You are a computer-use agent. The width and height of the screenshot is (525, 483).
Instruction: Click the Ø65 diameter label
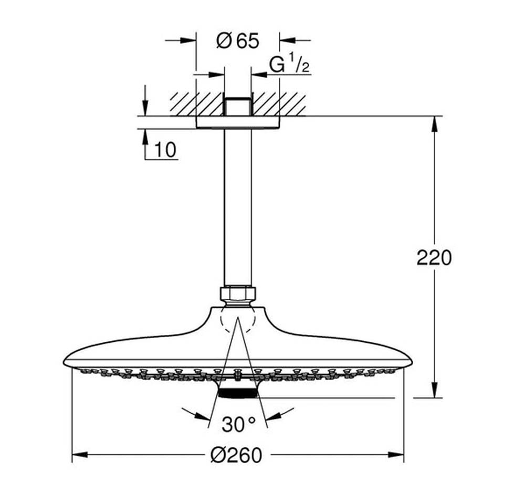(x=238, y=41)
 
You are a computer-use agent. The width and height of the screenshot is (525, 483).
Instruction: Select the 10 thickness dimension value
(x=165, y=150)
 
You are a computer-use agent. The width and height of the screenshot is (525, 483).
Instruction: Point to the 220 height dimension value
(x=434, y=258)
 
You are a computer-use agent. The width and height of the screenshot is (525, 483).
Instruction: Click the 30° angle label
(x=238, y=424)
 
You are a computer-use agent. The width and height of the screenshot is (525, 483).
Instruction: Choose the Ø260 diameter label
(x=236, y=455)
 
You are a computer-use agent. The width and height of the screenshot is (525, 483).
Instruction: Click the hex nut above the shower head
(x=238, y=293)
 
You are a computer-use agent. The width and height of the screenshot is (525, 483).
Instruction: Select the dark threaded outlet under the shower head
(x=237, y=393)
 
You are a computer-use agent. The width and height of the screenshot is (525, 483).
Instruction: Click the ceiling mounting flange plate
(x=238, y=122)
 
